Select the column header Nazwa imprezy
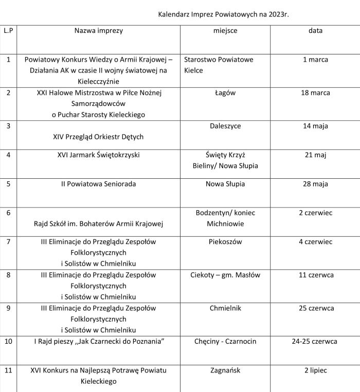click(x=99, y=31)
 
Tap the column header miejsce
click(x=225, y=31)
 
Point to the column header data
click(x=315, y=31)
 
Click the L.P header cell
click(x=8, y=31)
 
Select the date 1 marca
click(x=315, y=60)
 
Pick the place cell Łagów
click(x=225, y=93)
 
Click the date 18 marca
click(x=315, y=93)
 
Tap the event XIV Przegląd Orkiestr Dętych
click(x=99, y=137)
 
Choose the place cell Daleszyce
click(x=225, y=126)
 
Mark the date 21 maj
click(x=315, y=155)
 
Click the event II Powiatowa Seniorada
click(x=99, y=184)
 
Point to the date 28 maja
click(x=315, y=184)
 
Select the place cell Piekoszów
click(x=225, y=241)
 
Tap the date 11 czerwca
click(x=315, y=275)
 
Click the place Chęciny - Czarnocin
click(x=225, y=341)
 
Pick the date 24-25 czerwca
click(x=315, y=341)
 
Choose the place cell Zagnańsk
click(x=225, y=370)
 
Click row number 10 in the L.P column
click(x=8, y=341)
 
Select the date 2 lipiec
click(x=315, y=370)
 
